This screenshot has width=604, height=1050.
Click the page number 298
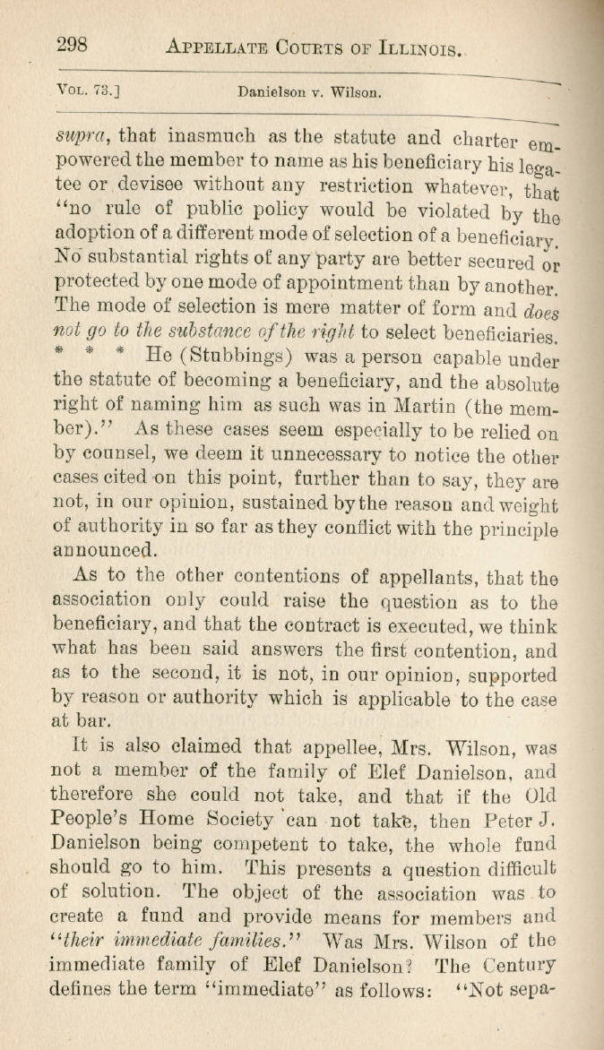pos(77,45)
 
